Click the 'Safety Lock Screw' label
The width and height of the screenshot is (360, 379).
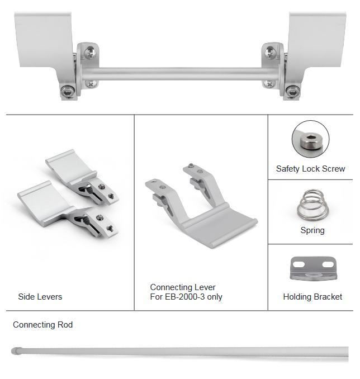click(310, 169)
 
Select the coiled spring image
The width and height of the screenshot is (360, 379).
click(312, 205)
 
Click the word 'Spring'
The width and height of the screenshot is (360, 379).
click(312, 230)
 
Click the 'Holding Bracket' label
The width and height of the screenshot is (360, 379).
click(312, 297)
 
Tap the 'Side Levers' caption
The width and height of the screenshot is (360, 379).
click(40, 297)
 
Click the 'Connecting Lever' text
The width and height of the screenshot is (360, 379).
click(183, 287)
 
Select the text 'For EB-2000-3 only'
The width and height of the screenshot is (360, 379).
click(186, 297)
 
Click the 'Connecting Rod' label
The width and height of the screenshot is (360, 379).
click(42, 325)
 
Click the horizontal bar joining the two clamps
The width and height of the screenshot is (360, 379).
click(179, 73)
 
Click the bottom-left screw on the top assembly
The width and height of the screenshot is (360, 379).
click(68, 91)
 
